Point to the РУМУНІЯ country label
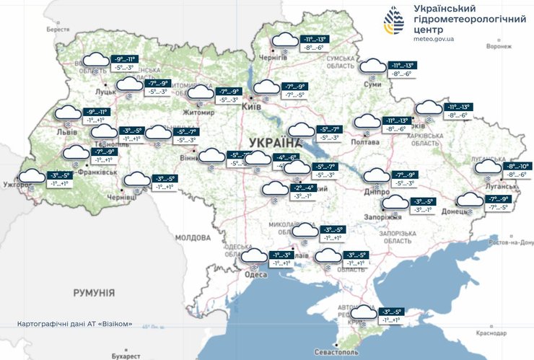[x=94, y=292]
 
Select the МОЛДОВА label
[x=192, y=237]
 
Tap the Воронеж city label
[x=498, y=47]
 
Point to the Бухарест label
[x=126, y=356]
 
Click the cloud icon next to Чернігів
[x=282, y=40]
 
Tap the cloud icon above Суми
[x=373, y=66]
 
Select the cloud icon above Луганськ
[x=488, y=167]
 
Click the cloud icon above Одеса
[x=253, y=255]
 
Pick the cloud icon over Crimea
[x=364, y=312]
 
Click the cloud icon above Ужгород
[x=32, y=176]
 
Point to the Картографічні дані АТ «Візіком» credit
[x=74, y=324]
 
